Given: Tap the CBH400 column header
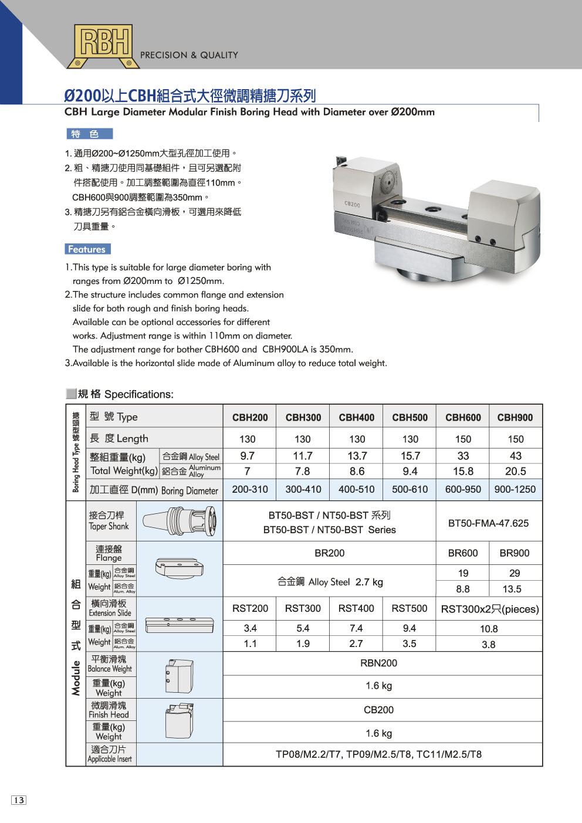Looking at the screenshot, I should click(x=356, y=418).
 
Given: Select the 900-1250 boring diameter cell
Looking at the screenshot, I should click(x=515, y=489).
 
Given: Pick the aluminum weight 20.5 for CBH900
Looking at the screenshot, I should click(x=515, y=471).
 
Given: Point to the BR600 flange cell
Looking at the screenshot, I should click(x=462, y=553).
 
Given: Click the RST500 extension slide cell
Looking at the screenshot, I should click(x=409, y=609).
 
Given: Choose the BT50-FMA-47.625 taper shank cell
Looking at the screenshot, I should click(x=488, y=523).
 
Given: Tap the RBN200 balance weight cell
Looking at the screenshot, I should click(x=378, y=663).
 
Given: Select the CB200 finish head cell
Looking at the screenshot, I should click(x=378, y=710).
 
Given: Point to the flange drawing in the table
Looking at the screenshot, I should click(x=180, y=567).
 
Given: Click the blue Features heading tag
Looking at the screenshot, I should click(x=87, y=249).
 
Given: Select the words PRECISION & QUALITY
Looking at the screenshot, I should click(x=189, y=55).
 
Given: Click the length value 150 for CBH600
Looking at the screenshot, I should click(x=462, y=439).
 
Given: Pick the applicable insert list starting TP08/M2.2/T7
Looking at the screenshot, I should click(x=378, y=754).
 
